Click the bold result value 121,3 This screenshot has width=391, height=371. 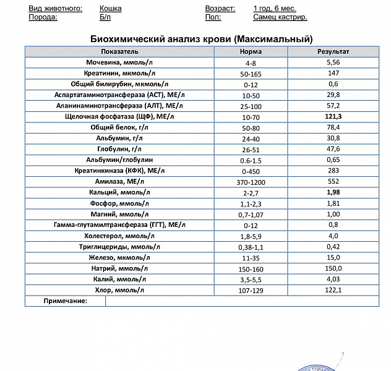coord(333,116)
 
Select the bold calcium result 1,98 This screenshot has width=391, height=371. coord(333,192)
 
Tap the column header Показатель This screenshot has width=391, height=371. coord(120,52)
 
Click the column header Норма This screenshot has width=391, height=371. coord(251,52)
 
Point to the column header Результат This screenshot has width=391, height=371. coord(333,52)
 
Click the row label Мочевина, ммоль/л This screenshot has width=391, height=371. coord(120,62)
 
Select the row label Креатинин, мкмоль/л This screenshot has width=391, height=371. coord(120,73)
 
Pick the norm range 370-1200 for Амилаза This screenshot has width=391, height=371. coord(251,182)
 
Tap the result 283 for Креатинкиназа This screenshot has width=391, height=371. coord(333,171)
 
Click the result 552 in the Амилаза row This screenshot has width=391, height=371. coord(333,182)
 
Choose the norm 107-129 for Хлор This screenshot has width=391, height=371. coord(251,290)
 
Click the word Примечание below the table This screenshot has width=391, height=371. coord(65,301)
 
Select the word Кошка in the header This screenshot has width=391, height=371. coord(110,9)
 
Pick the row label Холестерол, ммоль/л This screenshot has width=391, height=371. coord(120,236)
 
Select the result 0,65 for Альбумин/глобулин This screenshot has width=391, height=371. coord(333,160)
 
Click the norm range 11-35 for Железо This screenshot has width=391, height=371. coord(251,257)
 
